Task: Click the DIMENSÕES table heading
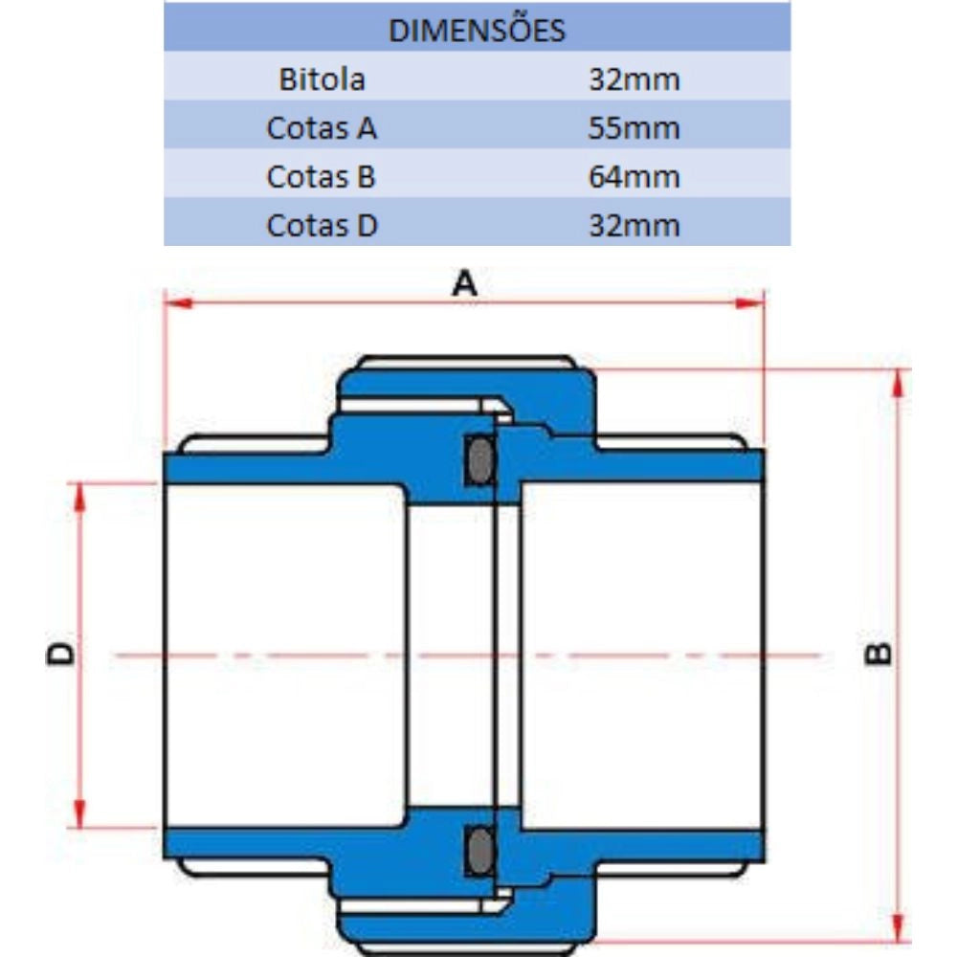477,30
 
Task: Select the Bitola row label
322,79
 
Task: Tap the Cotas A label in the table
322,128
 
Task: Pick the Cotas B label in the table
321,177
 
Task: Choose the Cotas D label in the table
323,225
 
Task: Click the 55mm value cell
634,128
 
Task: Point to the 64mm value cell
634,177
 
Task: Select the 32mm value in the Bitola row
634,79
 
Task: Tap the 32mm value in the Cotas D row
634,225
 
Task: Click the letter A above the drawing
464,284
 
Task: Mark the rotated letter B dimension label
878,654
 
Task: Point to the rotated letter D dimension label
59,654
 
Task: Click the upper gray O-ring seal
480,460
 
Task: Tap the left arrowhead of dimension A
178,302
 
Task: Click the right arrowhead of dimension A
750,302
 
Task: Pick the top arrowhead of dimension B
898,384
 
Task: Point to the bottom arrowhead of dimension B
898,927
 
